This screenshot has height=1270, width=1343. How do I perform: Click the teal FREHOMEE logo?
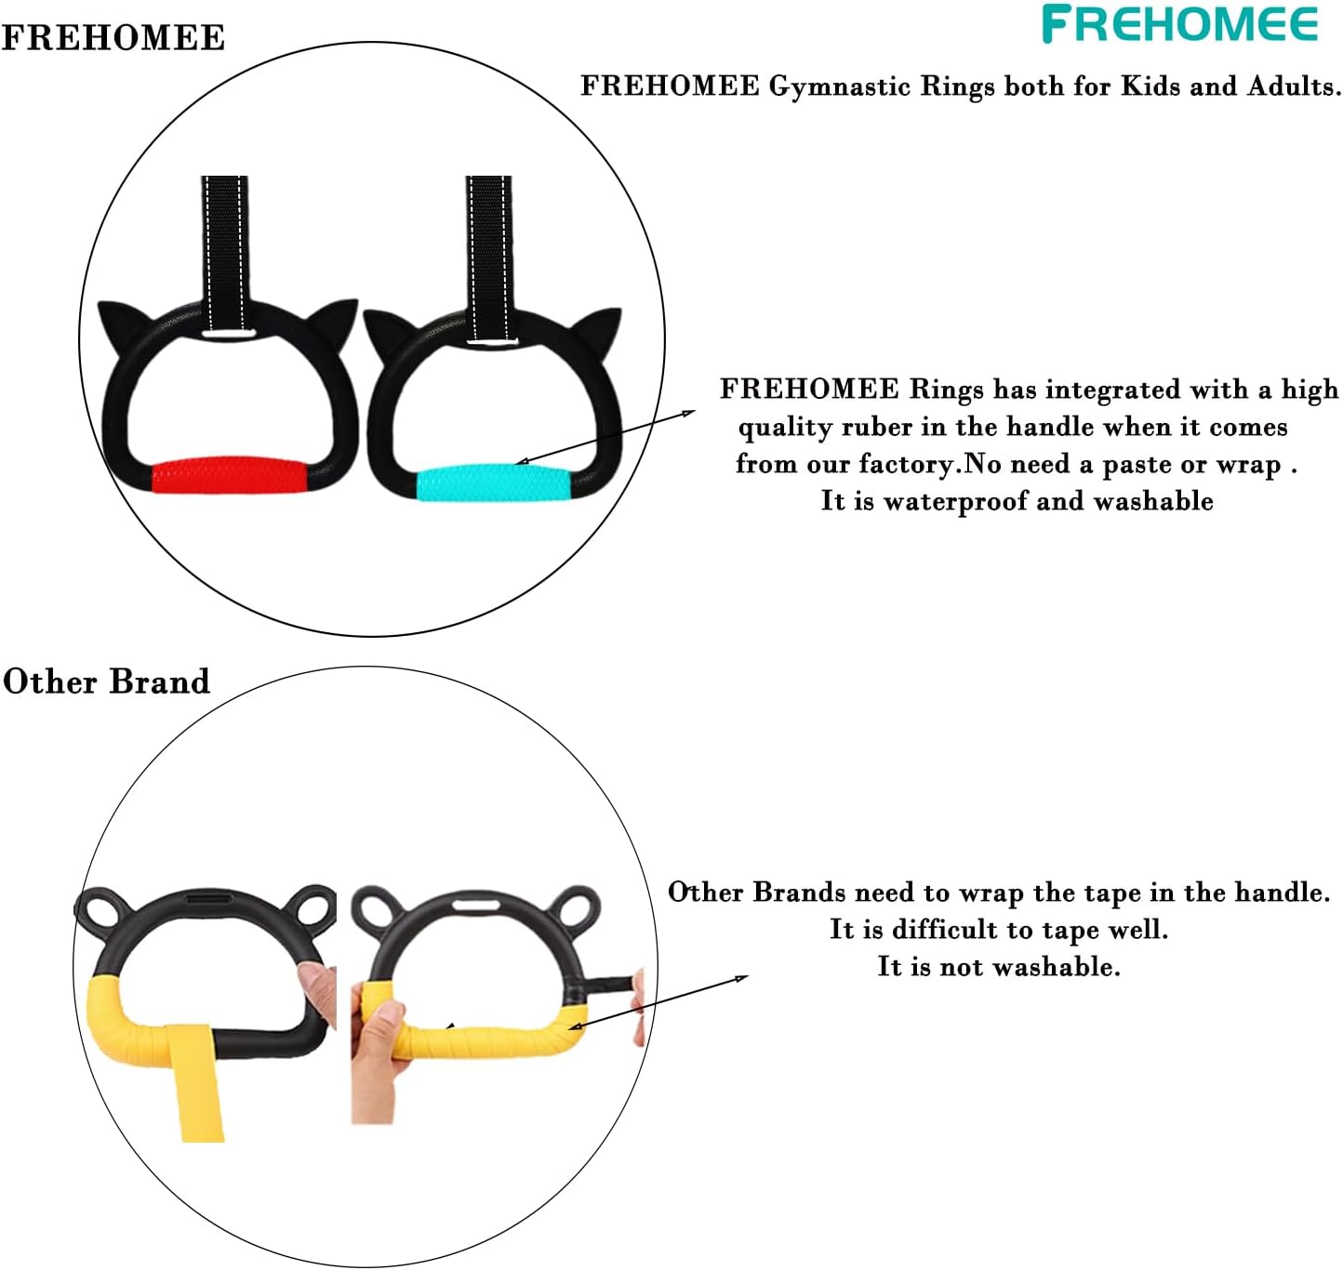pos(1179,24)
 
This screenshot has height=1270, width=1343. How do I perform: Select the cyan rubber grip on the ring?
pos(493,483)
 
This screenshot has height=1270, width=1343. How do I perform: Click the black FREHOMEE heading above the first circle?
pos(113,37)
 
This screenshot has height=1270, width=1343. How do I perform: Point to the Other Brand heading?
pos(107,681)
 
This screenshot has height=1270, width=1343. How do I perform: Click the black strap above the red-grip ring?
pos(224,254)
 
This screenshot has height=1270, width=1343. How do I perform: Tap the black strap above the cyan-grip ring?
pos(489,258)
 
